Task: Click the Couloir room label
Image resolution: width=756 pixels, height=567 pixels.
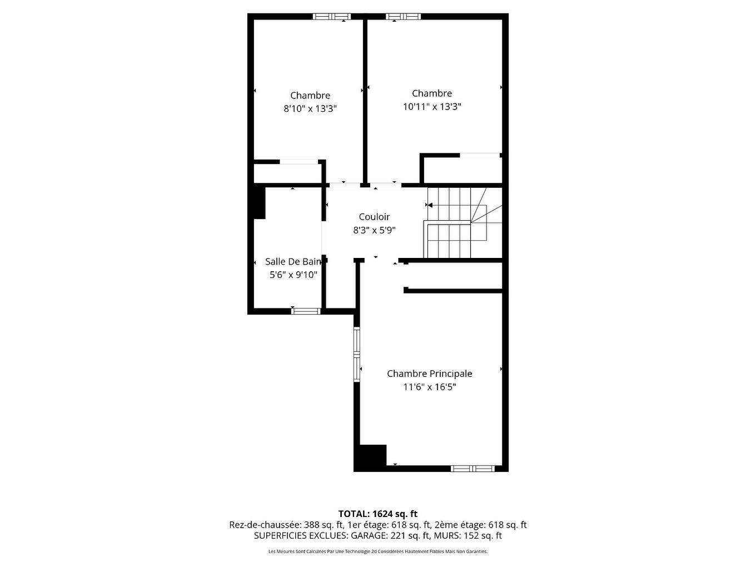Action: [374, 217]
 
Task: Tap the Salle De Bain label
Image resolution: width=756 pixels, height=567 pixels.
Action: [293, 261]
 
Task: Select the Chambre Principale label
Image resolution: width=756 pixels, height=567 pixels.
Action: [430, 374]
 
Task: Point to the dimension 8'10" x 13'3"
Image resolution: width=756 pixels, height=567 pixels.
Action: [310, 108]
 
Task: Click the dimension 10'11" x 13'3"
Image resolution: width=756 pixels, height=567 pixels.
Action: [432, 106]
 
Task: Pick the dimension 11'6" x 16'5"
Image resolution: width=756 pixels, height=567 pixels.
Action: [430, 387]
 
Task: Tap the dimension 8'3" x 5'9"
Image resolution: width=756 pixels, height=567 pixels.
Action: [374, 230]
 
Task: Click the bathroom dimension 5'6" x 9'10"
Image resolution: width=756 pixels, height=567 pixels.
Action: [293, 275]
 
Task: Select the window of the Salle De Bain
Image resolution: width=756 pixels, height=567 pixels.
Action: [306, 311]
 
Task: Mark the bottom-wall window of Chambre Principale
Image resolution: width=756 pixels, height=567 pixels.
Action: [472, 468]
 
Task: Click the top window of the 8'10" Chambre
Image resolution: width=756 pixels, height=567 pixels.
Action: [332, 17]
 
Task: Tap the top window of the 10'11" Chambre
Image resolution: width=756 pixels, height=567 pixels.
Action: [404, 17]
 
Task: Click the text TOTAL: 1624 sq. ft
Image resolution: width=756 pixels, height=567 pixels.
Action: [378, 514]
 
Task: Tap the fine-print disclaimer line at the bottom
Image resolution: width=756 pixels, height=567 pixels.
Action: [378, 551]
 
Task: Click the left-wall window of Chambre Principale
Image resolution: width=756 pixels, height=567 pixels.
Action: [357, 354]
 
